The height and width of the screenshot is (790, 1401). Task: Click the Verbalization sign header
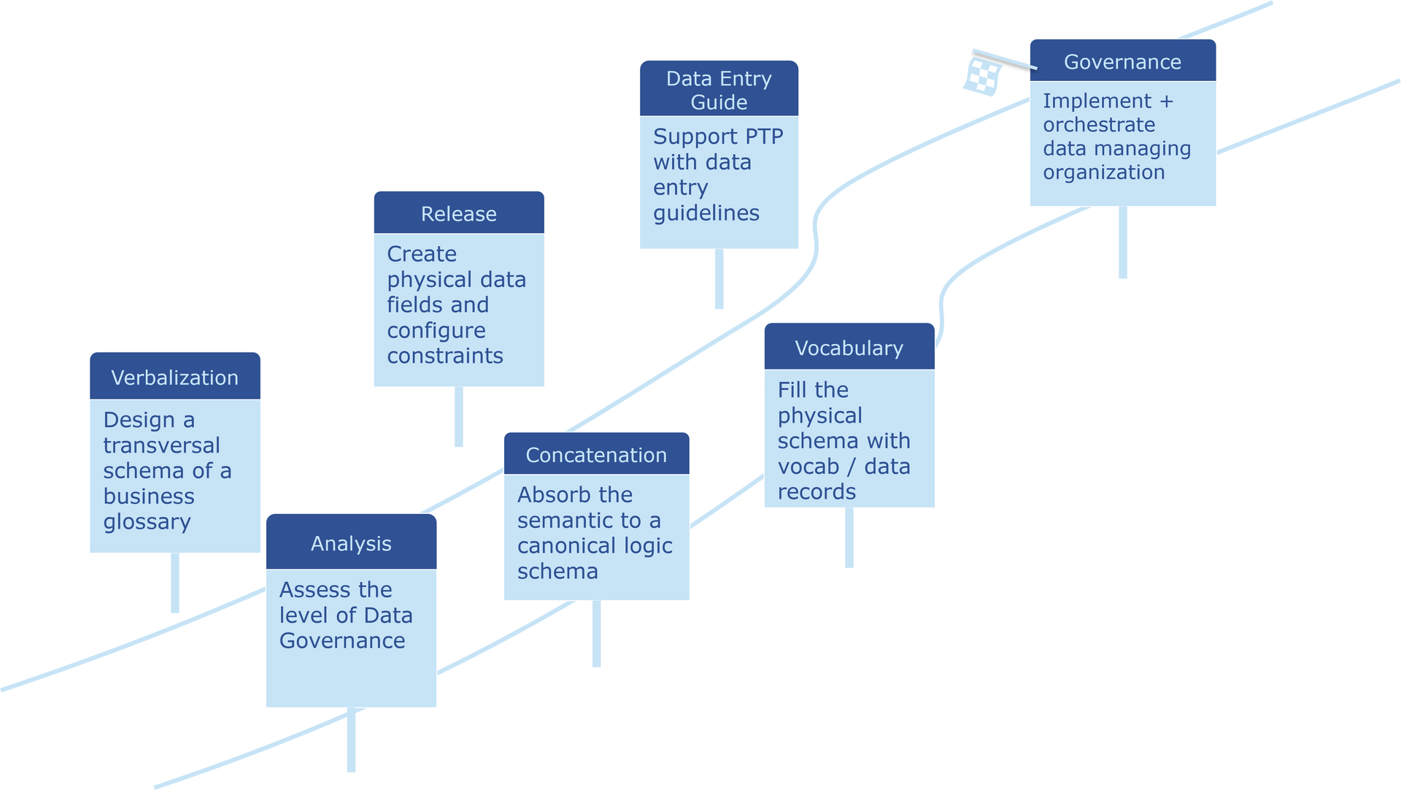pyautogui.click(x=174, y=377)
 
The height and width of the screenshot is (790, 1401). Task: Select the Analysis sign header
pyautogui.click(x=351, y=543)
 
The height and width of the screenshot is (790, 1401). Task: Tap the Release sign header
pyautogui.click(x=458, y=214)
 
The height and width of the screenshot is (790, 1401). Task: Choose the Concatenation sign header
pyautogui.click(x=596, y=455)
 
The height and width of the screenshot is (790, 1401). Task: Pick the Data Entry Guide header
pyautogui.click(x=719, y=90)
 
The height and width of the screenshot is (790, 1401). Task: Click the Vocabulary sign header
pyautogui.click(x=849, y=348)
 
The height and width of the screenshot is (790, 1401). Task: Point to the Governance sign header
pyautogui.click(x=1122, y=62)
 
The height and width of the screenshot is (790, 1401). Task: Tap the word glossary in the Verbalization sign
pyautogui.click(x=147, y=522)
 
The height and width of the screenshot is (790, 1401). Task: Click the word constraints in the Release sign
pyautogui.click(x=445, y=356)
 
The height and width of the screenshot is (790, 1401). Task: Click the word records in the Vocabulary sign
pyautogui.click(x=817, y=492)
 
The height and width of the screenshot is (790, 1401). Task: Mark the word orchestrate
pyautogui.click(x=1099, y=125)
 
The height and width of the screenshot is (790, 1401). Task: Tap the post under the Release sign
pyautogui.click(x=459, y=418)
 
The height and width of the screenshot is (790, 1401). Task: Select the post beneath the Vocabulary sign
pyautogui.click(x=849, y=539)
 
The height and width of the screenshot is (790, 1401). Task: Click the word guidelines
pyautogui.click(x=706, y=213)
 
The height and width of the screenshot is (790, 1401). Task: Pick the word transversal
pyautogui.click(x=161, y=445)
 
